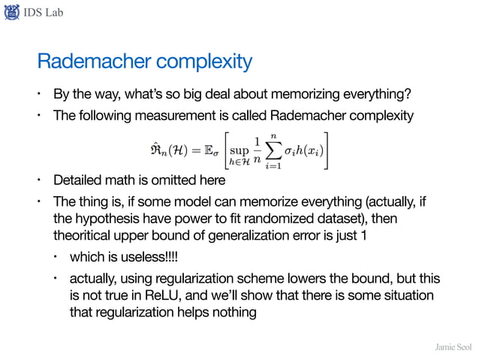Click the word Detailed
click(78, 181)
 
